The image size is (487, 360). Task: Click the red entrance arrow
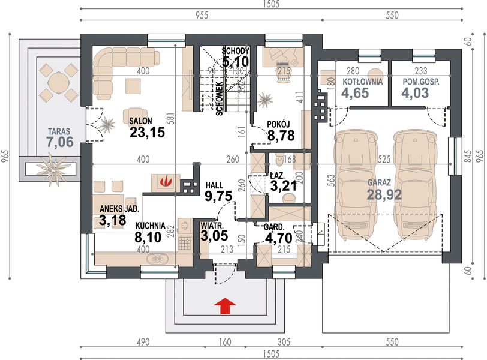pyautogui.click(x=225, y=305)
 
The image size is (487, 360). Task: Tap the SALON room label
pyautogui.click(x=141, y=121)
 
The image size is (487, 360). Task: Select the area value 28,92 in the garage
pyautogui.click(x=384, y=194)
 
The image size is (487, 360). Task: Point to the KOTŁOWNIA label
pyautogui.click(x=363, y=82)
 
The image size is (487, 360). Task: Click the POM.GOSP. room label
pyautogui.click(x=421, y=82)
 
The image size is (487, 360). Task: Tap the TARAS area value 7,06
pyautogui.click(x=60, y=142)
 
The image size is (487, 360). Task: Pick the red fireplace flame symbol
pyautogui.click(x=166, y=181)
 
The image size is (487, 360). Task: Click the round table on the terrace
pyautogui.click(x=58, y=82)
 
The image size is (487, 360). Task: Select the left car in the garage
pyautogui.click(x=355, y=186)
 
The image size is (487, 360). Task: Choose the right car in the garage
pyautogui.click(x=414, y=186)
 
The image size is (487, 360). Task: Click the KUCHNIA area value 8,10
pyautogui.click(x=148, y=238)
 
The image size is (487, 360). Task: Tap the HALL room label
pyautogui.click(x=214, y=185)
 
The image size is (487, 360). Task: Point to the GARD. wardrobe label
pyautogui.click(x=274, y=227)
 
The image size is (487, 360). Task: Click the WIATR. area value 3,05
pyautogui.click(x=214, y=236)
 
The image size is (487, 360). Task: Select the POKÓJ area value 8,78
pyautogui.click(x=281, y=136)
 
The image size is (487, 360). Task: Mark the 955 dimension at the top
pyautogui.click(x=202, y=14)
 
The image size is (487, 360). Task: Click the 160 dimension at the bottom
pyautogui.click(x=225, y=342)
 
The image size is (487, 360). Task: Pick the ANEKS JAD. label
pyautogui.click(x=119, y=209)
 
